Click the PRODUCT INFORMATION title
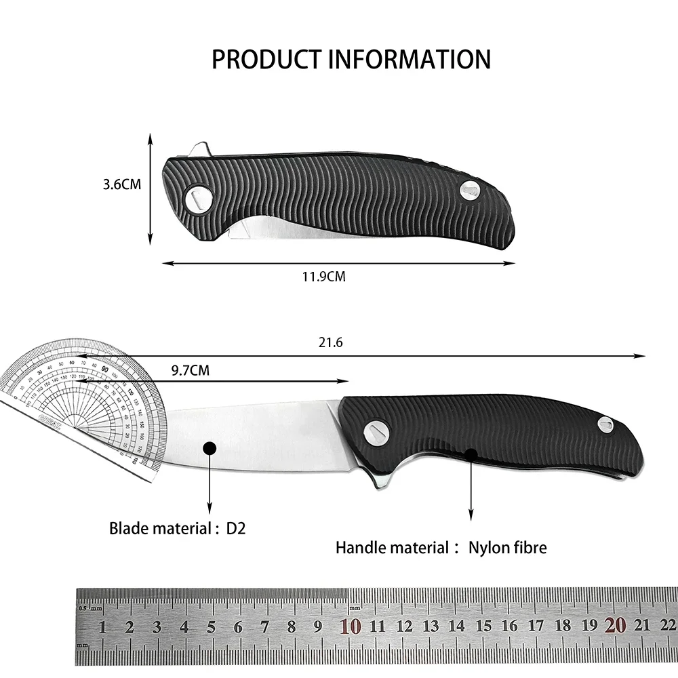click(351, 59)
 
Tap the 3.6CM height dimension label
click(122, 184)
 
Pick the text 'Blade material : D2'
click(177, 527)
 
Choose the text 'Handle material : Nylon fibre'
click(441, 547)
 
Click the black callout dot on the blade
click(210, 447)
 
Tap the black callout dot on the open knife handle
click(471, 452)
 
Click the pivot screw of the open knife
click(374, 430)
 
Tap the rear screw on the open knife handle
click(605, 425)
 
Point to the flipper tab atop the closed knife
click(199, 150)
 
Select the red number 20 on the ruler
click(615, 626)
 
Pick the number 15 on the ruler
click(483, 626)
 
